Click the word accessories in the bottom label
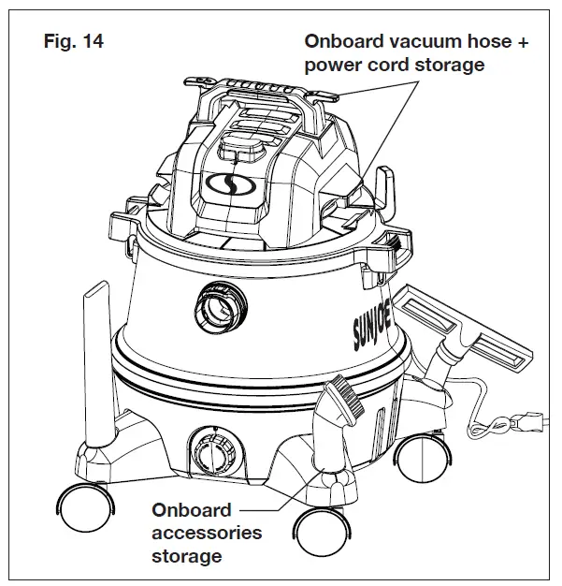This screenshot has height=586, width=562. pyautogui.click(x=207, y=534)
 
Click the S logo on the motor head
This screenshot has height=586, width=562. pyautogui.click(x=222, y=182)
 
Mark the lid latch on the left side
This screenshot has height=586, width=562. pyautogui.click(x=128, y=224)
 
